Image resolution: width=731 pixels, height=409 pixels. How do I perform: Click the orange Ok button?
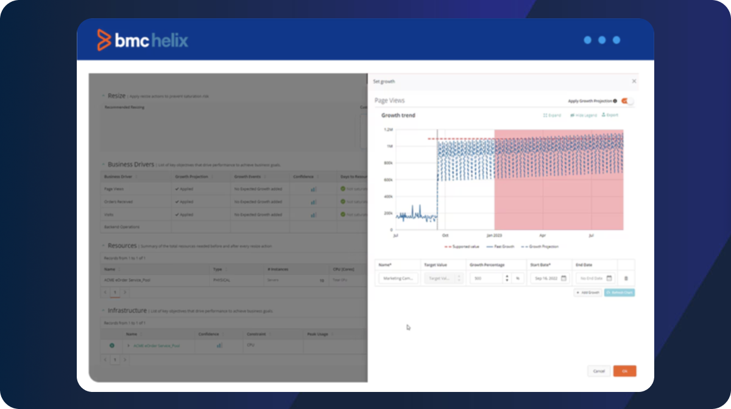624,371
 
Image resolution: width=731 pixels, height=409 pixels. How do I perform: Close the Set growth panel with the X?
634,81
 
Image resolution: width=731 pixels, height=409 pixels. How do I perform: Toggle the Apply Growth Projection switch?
627,101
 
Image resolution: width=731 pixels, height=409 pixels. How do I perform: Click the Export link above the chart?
610,115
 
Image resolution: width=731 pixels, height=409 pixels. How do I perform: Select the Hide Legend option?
583,115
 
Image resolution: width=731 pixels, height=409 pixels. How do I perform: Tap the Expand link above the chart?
552,115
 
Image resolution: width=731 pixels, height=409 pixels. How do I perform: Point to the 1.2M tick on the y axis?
388,130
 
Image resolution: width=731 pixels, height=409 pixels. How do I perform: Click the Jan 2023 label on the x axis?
494,235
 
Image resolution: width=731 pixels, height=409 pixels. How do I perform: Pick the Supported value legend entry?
464,246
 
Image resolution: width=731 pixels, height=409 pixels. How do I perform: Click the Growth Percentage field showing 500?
486,278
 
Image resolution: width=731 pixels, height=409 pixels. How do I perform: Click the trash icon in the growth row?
626,278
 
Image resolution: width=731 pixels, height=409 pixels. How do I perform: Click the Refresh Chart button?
619,293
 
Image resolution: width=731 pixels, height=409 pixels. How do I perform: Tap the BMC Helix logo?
143,40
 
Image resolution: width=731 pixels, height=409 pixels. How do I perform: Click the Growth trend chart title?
398,115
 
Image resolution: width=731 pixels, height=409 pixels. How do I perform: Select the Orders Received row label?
118,201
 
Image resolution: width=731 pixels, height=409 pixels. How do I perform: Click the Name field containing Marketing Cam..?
398,278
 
